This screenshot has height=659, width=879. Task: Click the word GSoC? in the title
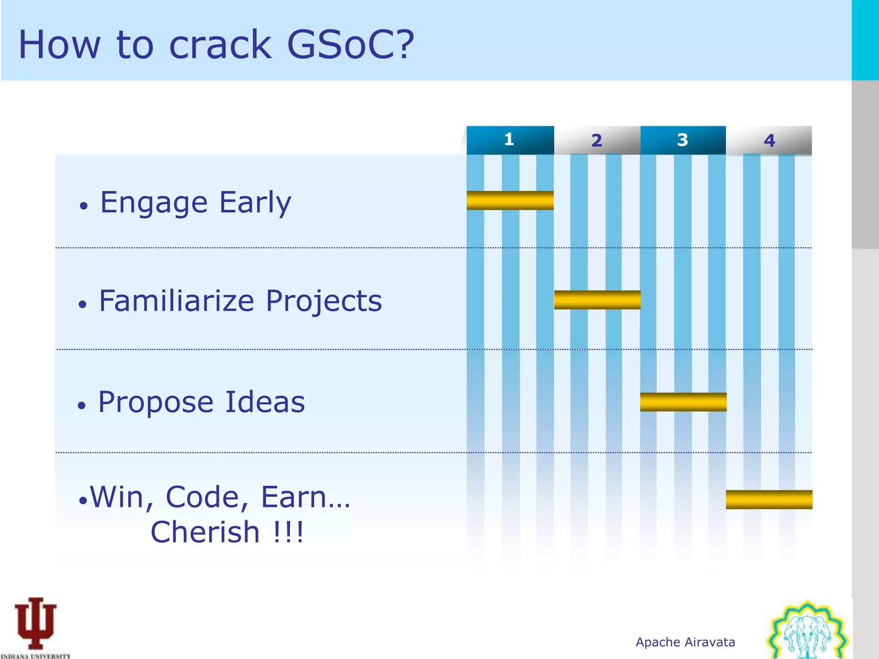350,45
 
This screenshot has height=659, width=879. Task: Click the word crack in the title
221,45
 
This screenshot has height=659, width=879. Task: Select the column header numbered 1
510,140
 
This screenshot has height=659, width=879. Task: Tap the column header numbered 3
682,140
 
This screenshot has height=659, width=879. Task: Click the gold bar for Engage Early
510,200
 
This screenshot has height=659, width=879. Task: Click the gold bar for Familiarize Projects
597,300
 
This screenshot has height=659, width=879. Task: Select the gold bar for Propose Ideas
683,402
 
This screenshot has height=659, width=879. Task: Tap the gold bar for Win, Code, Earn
769,499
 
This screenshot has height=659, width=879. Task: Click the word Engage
154,203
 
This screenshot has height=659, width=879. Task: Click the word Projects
324,301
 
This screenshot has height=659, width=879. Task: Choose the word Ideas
265,402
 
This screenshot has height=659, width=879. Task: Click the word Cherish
205,532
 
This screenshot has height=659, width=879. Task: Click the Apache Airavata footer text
685,642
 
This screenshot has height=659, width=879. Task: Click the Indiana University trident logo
36,624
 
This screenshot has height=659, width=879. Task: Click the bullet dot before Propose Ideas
82,405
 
